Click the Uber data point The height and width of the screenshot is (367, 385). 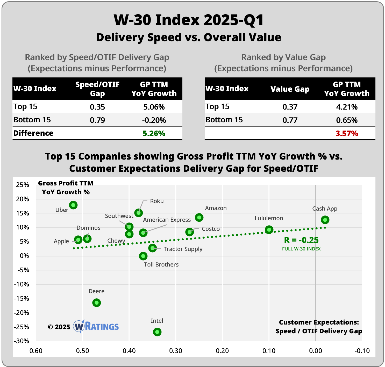pyautogui.click(x=73, y=205)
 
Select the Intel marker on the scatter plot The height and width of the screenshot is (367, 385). pyautogui.click(x=157, y=332)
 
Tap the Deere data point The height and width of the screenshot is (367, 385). pyautogui.click(x=97, y=303)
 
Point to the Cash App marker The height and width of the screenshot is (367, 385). pyautogui.click(x=325, y=220)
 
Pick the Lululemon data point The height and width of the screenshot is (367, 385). pyautogui.click(x=269, y=229)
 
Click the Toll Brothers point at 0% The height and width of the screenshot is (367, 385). pyautogui.click(x=143, y=256)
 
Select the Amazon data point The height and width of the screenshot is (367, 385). pyautogui.click(x=199, y=218)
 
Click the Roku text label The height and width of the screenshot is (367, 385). pyautogui.click(x=157, y=201)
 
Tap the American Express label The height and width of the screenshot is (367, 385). pyautogui.click(x=167, y=220)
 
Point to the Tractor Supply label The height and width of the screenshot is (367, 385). pyautogui.click(x=183, y=249)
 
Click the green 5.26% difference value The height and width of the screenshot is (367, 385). pyautogui.click(x=154, y=133)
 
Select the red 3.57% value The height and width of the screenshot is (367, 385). pyautogui.click(x=347, y=133)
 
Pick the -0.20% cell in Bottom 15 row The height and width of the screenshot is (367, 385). pyautogui.click(x=154, y=120)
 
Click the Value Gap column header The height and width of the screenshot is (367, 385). pyautogui.click(x=290, y=89)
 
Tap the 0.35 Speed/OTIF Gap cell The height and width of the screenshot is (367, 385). pyautogui.click(x=97, y=107)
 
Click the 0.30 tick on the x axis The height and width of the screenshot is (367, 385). pyautogui.click(x=176, y=351)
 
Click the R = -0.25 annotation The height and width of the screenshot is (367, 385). pyautogui.click(x=301, y=240)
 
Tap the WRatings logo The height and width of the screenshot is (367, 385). pyautogui.click(x=96, y=326)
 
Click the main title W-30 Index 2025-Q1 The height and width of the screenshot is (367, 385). pyautogui.click(x=189, y=20)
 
